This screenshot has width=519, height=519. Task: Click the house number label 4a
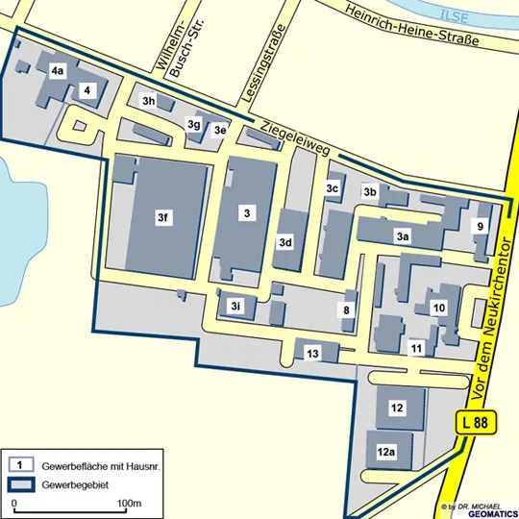point(58,70)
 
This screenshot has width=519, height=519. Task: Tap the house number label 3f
point(163,218)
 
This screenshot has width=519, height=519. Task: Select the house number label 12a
point(386,451)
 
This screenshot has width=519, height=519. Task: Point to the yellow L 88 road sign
point(473,421)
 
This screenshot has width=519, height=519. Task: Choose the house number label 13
point(312,354)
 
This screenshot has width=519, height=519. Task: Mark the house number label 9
point(480,226)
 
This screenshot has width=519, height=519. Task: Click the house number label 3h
point(149,100)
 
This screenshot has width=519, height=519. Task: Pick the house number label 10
point(439,307)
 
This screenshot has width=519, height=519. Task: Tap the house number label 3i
point(236,306)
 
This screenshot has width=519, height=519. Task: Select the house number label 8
point(347,309)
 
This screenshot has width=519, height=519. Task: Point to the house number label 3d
point(285,243)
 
